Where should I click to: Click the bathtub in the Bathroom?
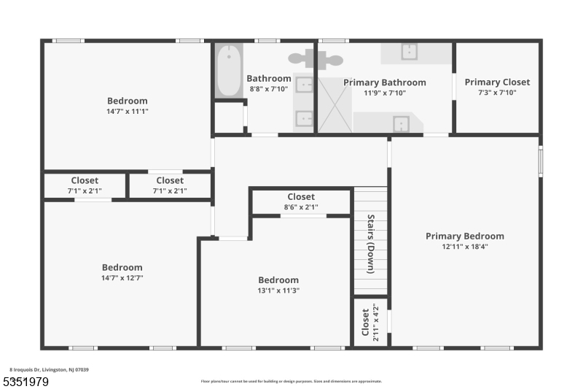tap(229, 71)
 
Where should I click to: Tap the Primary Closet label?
tap(497, 82)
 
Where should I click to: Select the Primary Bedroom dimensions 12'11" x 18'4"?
tap(465, 247)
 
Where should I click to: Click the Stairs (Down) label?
tap(370, 244)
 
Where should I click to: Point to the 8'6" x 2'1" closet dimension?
tap(301, 207)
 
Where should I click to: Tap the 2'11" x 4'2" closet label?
tap(371, 322)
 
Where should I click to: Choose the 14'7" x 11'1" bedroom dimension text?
tap(128, 112)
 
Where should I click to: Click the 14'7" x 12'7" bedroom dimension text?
tap(122, 278)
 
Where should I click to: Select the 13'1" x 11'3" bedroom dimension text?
tap(278, 290)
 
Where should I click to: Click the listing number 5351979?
tap(28, 382)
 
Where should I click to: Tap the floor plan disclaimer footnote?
tap(291, 381)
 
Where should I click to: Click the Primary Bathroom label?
tap(385, 83)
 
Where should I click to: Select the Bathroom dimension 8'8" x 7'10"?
tap(269, 89)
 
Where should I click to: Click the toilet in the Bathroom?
tap(300, 58)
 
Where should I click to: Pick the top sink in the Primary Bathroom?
tap(410, 51)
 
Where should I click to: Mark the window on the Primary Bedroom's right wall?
tap(540, 161)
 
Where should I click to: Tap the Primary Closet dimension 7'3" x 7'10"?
tap(497, 93)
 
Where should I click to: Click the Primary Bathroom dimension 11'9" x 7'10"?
tap(385, 93)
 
